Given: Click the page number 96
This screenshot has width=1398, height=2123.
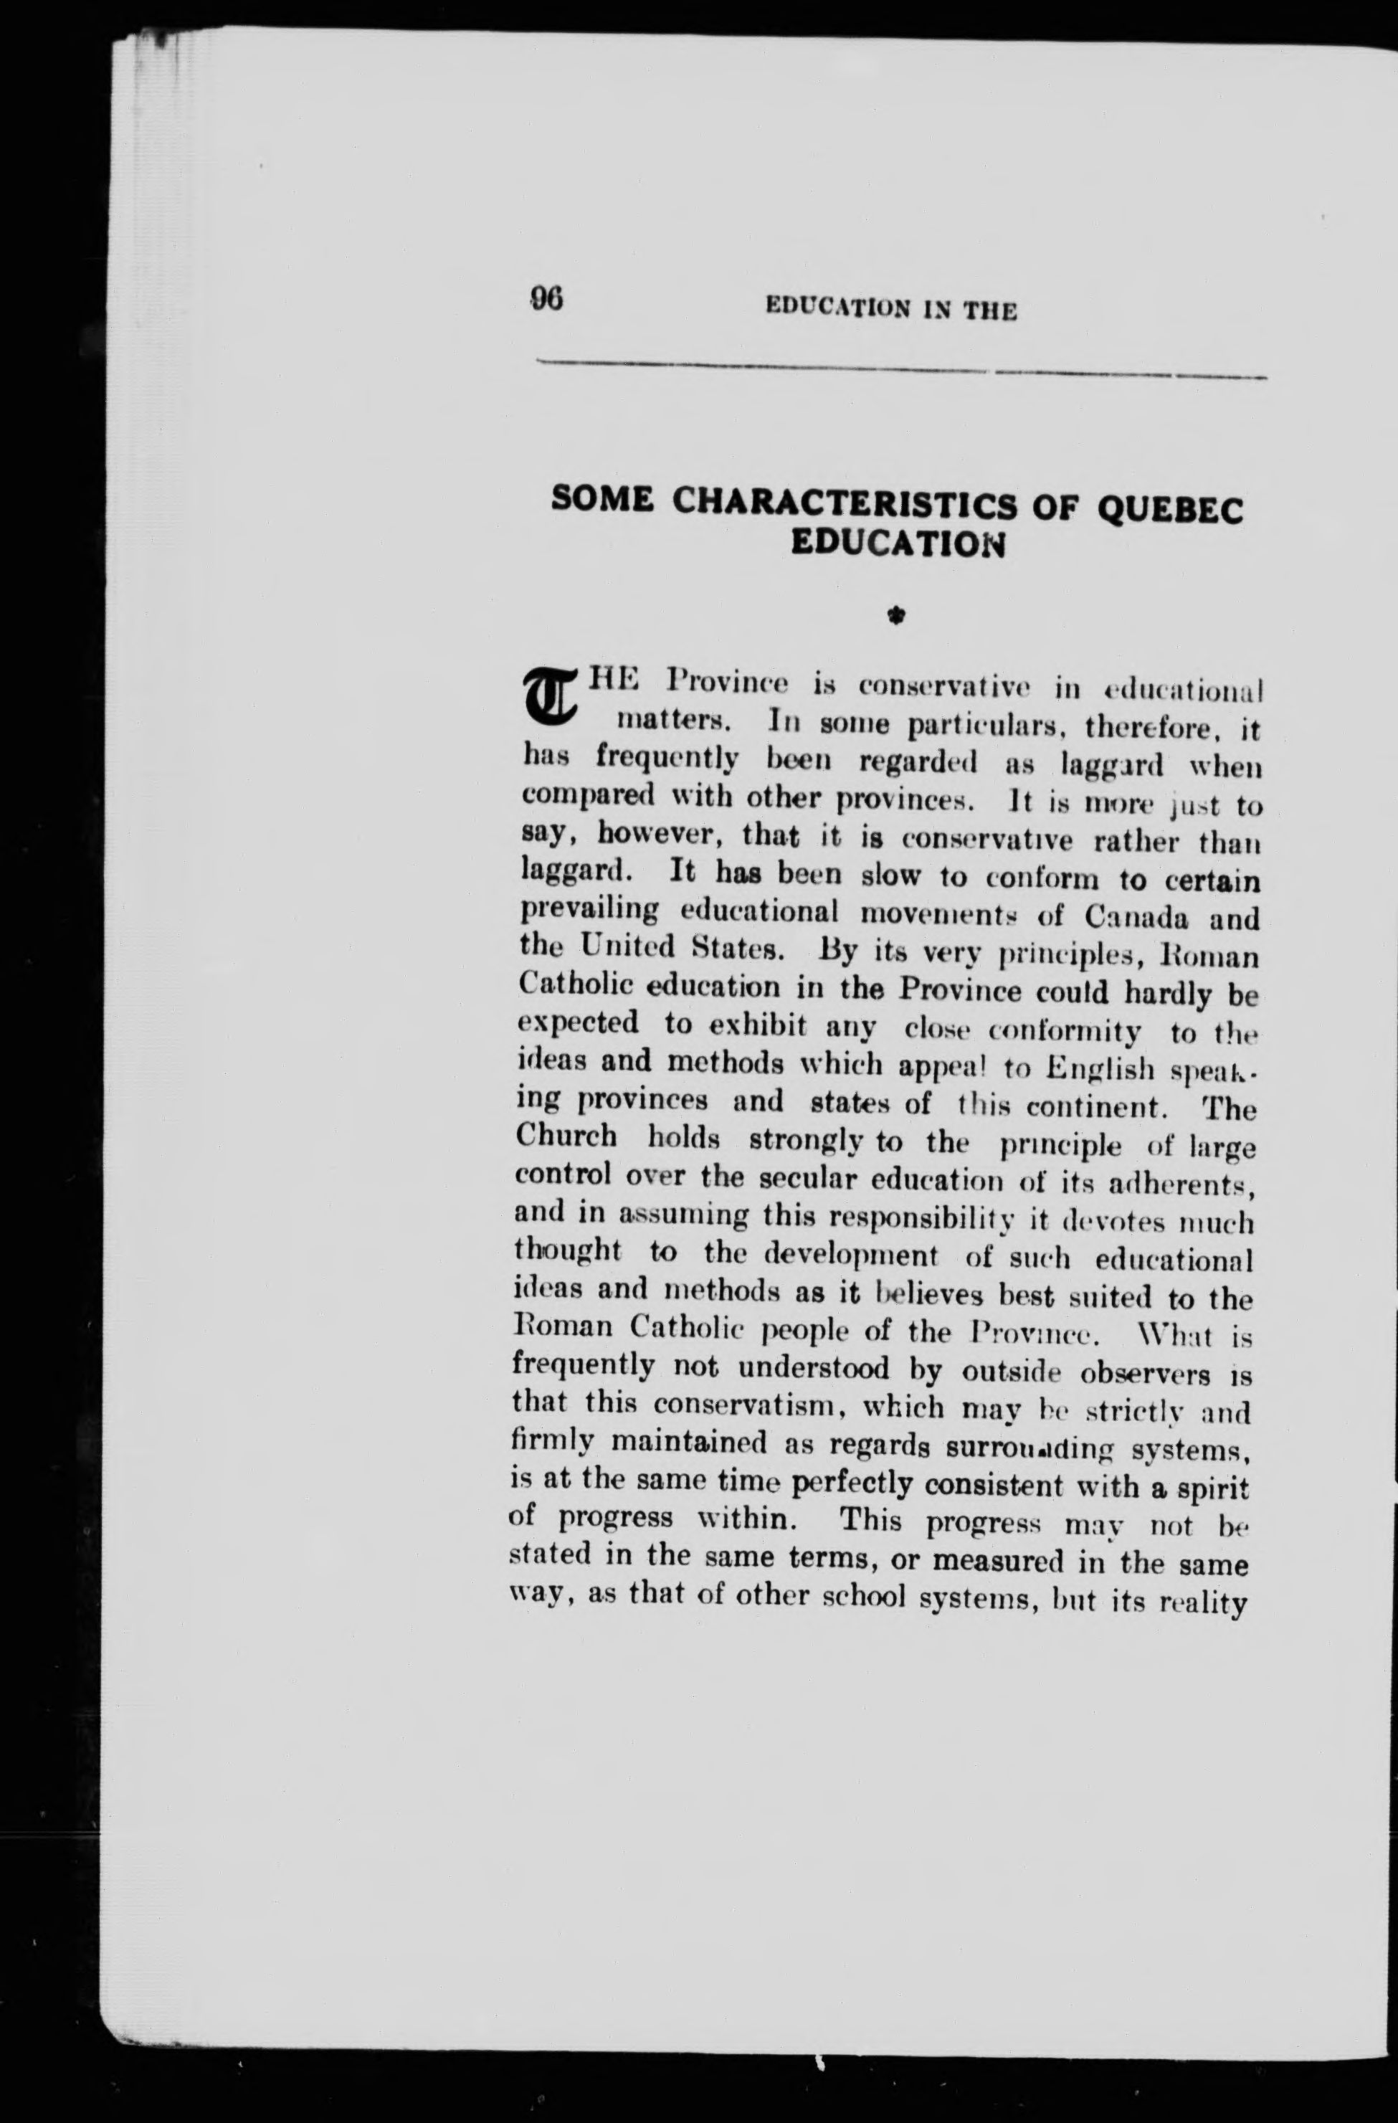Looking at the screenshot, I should coord(546,298).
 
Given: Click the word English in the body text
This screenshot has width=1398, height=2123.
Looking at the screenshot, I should coord(1103,1067).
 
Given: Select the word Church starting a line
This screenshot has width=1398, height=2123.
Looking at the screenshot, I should coord(566,1136).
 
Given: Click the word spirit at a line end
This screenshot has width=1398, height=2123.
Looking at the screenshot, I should coord(1214,1488).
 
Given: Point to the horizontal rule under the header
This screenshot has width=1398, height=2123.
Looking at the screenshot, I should coord(901,369).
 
